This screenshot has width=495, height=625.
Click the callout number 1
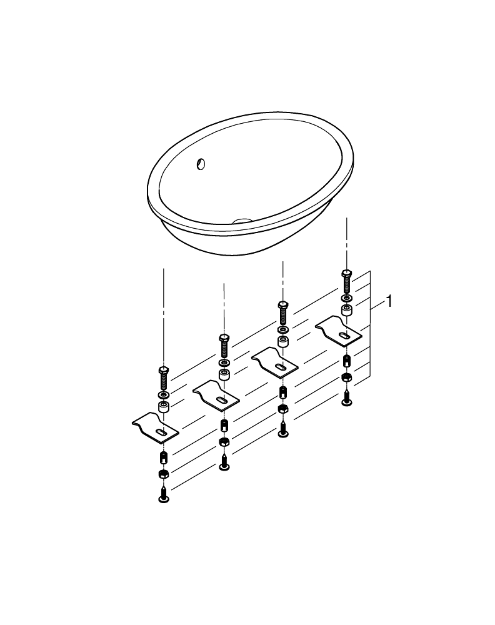[389, 302]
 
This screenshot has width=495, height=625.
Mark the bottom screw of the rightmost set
[346, 397]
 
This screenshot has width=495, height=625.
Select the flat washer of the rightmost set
[346, 298]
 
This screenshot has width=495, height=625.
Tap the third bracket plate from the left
[276, 363]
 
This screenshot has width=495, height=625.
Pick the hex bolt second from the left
[224, 344]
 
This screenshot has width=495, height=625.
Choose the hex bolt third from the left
[282, 311]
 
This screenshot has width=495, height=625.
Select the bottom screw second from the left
[224, 463]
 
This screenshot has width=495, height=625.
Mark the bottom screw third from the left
[283, 429]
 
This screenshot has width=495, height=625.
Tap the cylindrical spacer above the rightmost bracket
[346, 310]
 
